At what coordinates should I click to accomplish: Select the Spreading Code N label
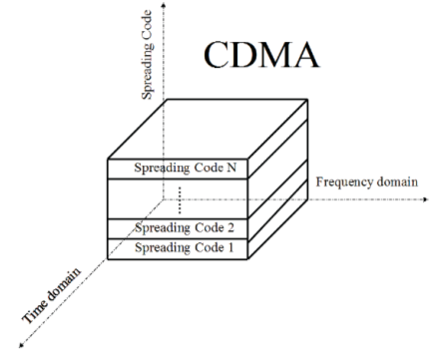point(185,168)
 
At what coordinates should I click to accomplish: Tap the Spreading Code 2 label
point(185,228)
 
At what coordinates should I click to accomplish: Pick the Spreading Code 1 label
point(185,246)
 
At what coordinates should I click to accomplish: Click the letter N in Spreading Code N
point(230,168)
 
